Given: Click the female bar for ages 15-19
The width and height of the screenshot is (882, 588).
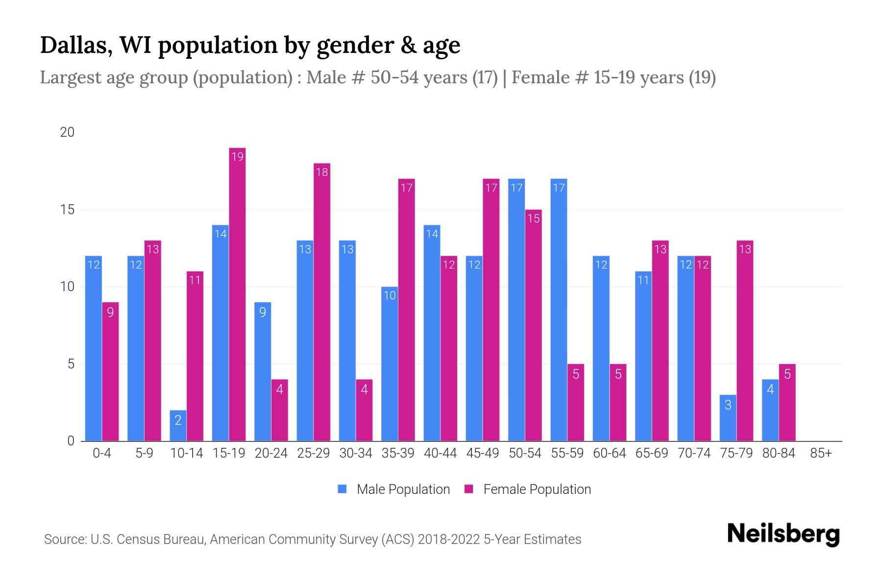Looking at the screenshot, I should tap(237, 294).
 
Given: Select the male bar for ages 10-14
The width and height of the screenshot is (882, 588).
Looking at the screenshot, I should tap(178, 425).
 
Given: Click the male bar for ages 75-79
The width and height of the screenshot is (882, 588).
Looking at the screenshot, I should tap(728, 417).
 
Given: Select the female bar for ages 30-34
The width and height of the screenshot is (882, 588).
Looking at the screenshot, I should tap(364, 410).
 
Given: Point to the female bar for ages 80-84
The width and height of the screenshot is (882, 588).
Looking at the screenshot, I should tap(787, 402).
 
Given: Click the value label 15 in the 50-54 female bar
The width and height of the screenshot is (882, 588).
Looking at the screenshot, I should tap(534, 218).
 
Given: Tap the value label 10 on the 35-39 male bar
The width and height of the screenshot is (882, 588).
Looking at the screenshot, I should tap(390, 295).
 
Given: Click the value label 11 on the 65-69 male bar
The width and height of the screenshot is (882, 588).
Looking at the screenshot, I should tap(643, 280).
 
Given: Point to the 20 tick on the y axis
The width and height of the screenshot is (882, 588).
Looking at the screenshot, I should tap(67, 132).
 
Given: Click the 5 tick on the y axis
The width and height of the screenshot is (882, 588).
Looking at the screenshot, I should tap(71, 364).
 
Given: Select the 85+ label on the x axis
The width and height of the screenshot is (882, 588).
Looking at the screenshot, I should tap(821, 453).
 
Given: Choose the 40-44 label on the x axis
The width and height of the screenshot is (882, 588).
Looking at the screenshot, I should tap(440, 453).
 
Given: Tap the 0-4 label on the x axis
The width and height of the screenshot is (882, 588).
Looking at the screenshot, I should tap(102, 453).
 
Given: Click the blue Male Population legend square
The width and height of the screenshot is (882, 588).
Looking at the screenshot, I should tap(342, 489).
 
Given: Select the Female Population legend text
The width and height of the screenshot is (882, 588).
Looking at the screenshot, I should tap(537, 489).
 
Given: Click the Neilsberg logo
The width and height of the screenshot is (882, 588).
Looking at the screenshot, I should tap(783, 534).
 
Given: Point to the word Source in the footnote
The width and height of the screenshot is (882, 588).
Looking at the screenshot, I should tap(65, 539).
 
